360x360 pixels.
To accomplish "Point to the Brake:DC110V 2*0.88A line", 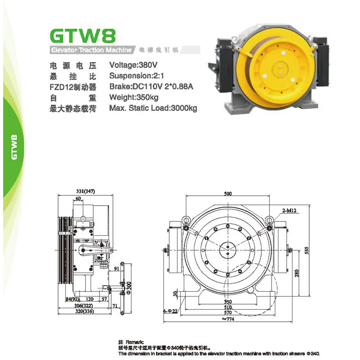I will pos(151,86).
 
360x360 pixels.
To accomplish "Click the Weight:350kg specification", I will pos(134,97).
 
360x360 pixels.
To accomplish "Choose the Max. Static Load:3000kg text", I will pos(153,108).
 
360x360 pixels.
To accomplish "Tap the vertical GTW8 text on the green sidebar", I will pos(14,147).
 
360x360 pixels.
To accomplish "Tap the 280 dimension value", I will pos(297,273).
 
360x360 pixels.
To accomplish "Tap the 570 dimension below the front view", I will pos(228,313).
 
